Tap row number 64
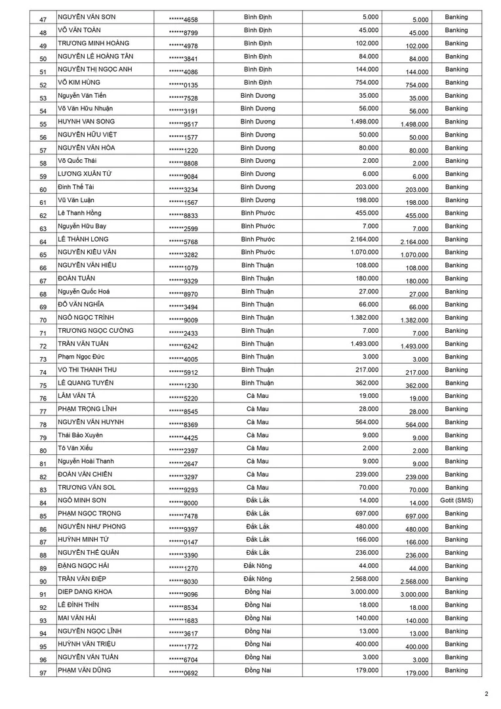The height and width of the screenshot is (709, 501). pos(43,242)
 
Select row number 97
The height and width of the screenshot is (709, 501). pos(43,673)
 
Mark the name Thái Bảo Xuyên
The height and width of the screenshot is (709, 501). pos(80,435)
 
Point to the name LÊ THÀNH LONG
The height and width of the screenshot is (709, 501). pos(83,239)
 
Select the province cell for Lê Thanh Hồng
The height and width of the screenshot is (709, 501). pos(258,213)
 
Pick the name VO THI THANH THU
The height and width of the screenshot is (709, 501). pos(87,370)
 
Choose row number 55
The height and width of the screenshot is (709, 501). pos(43,124)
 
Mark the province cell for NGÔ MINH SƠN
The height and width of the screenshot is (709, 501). pos(258,501)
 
